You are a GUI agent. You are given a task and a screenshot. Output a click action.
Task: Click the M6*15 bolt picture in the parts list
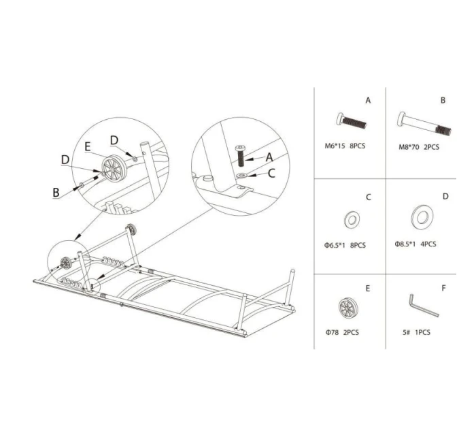[351, 123]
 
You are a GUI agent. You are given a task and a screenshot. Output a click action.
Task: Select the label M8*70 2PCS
[419, 146]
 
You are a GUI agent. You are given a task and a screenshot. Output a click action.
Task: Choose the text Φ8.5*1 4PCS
[415, 244]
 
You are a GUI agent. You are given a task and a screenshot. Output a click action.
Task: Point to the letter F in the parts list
[443, 288]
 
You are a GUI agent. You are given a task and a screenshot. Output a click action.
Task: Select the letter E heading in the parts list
[368, 288]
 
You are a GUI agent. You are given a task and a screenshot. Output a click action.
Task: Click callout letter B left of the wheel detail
[56, 192]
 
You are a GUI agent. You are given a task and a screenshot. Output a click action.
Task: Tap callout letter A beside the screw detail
[270, 156]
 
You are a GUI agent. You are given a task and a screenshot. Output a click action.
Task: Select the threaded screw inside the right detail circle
[240, 157]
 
